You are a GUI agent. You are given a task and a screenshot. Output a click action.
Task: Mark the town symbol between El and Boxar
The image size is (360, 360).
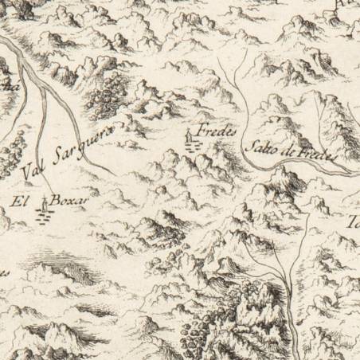point(43,211)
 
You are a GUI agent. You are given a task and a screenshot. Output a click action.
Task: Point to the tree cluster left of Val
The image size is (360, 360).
point(8,155)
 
